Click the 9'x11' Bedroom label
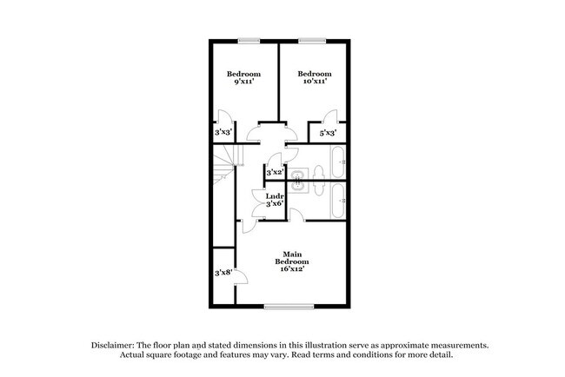click(243, 79)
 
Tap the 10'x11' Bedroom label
click(314, 79)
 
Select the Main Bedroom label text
click(291, 261)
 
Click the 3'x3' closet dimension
click(223, 133)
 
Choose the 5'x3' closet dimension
click(328, 133)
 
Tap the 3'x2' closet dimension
click(275, 173)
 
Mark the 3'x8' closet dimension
click(223, 273)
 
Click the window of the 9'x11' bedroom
click(249, 40)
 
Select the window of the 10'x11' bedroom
click(311, 40)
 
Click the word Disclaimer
click(116, 345)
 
